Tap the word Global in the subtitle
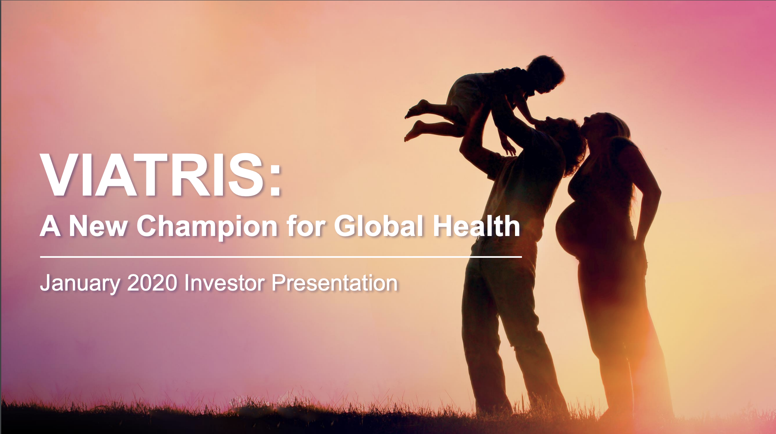pos(379,225)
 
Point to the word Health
pos(477,225)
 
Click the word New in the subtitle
pos(98,226)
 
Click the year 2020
pos(152,283)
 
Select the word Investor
pos(225,283)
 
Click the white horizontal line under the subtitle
pos(281,257)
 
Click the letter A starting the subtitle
pos(51,226)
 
